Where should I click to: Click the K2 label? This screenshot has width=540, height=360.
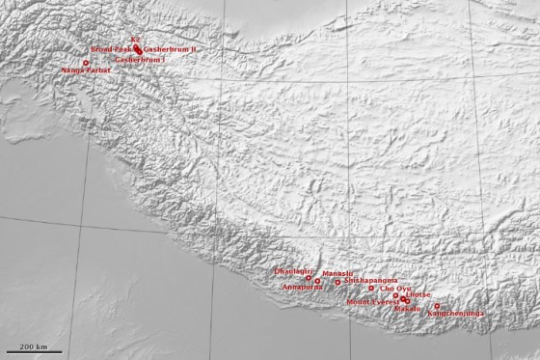pos(135,40)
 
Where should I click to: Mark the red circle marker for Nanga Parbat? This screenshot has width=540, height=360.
pos(86,63)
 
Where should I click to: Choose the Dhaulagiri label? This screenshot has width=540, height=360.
pos(294,272)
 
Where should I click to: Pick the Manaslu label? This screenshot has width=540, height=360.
pos(338,274)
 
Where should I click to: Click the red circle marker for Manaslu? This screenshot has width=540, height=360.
pos(337,282)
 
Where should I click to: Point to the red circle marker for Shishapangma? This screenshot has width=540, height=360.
pos(371,288)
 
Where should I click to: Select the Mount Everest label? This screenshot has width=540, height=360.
pos(372,302)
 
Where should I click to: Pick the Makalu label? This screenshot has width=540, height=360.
pos(408,309)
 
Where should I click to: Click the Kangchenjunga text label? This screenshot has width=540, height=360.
pos(454,314)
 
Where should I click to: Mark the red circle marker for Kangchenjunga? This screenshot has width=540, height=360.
pos(437,306)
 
